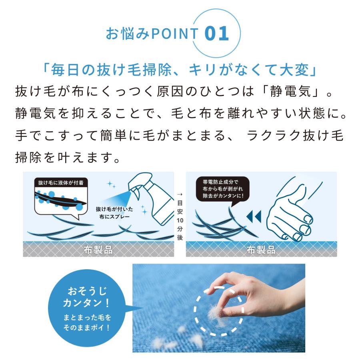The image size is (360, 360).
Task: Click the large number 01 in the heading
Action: pos(216,34)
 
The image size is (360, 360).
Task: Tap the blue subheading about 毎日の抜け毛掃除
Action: pos(180,71)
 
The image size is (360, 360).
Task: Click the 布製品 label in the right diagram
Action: pos(261,250)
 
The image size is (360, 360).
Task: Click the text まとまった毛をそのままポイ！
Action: pos(87,323)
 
